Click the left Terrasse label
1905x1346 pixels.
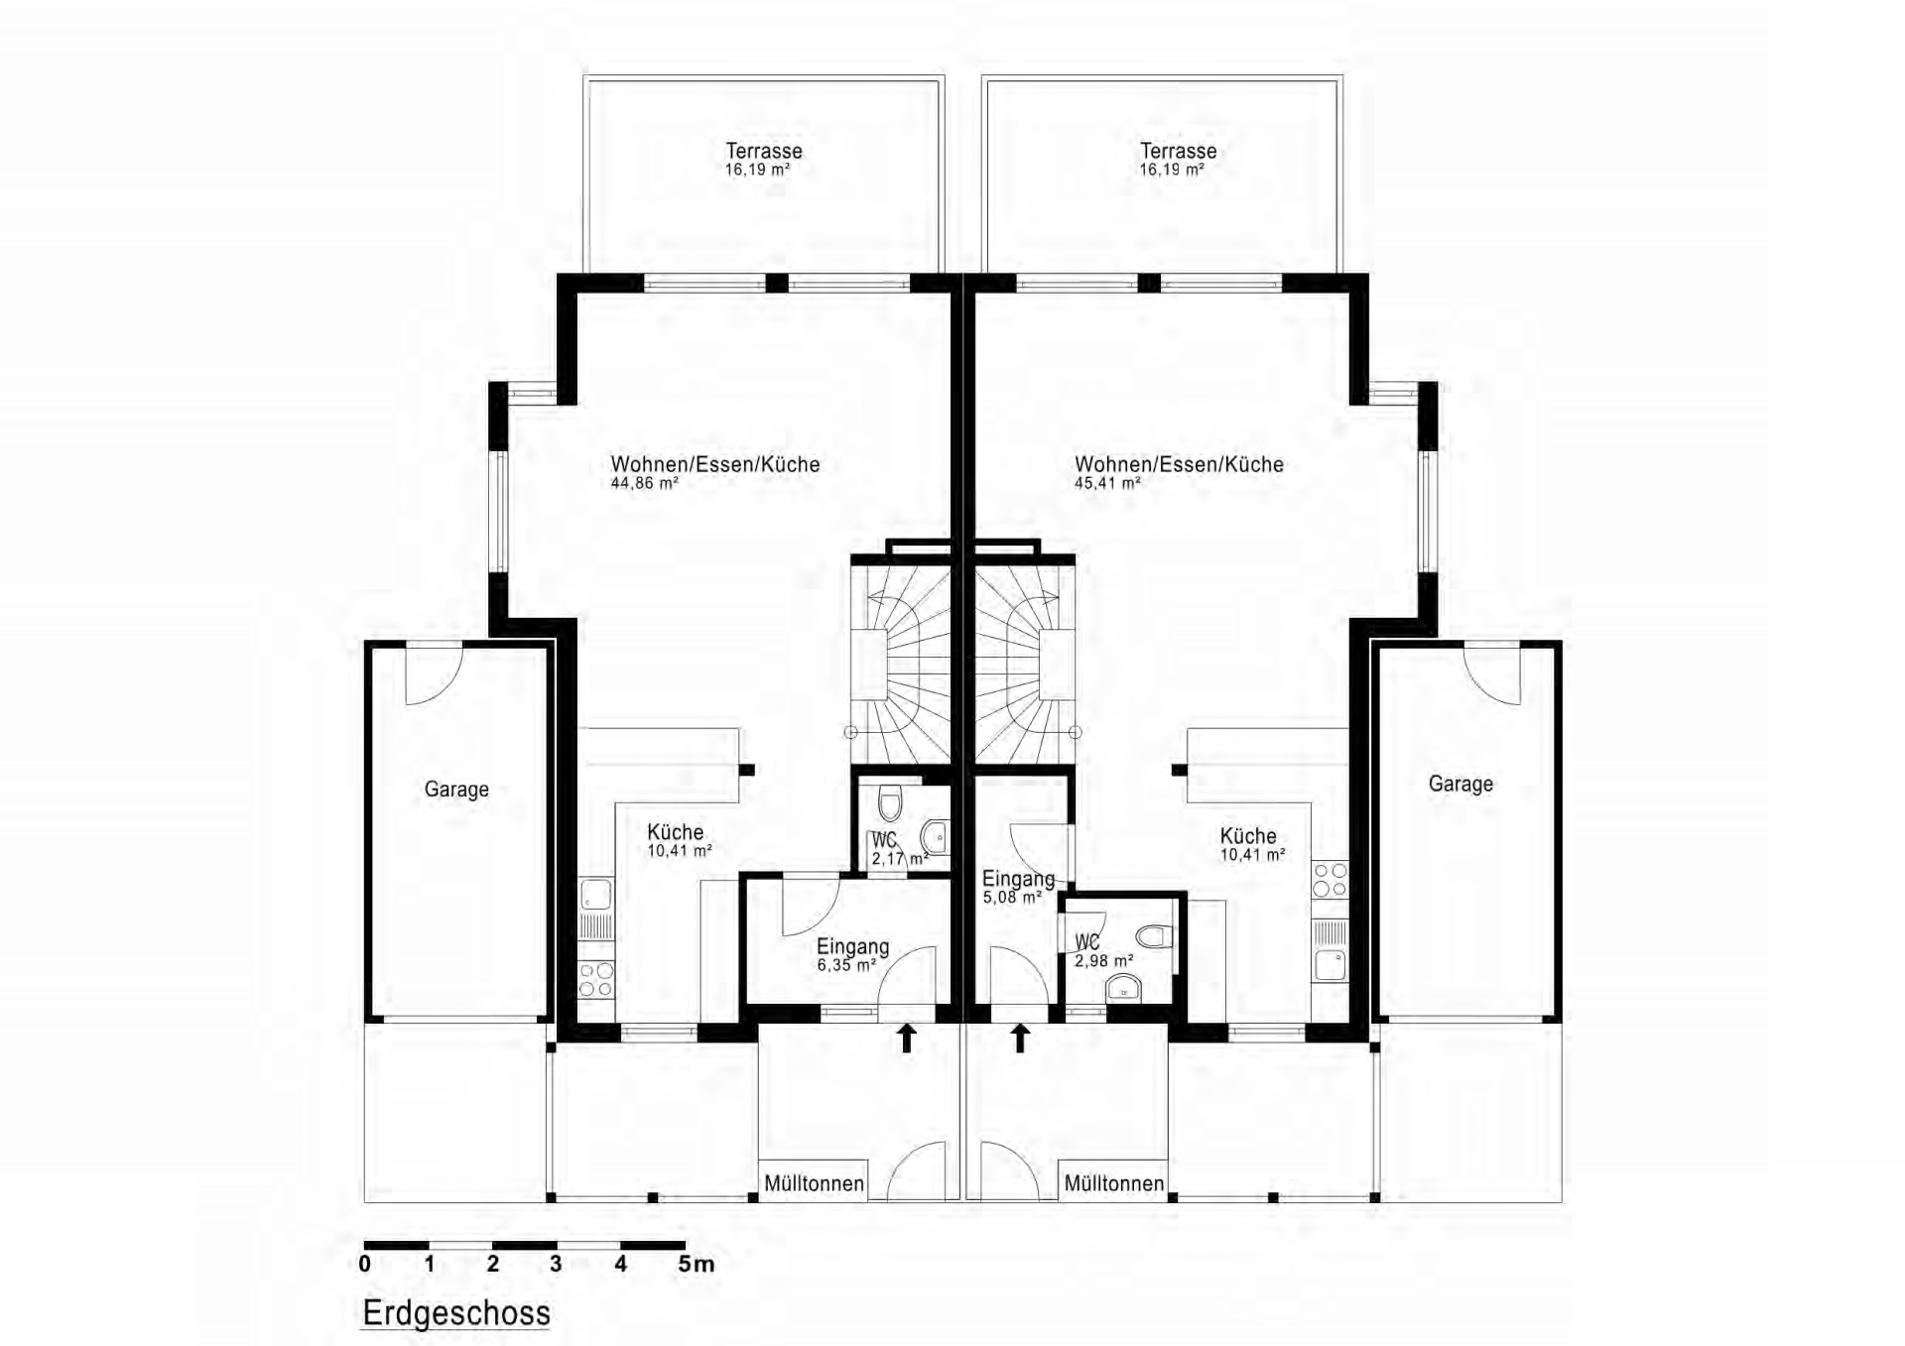(763, 151)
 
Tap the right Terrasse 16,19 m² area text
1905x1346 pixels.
(1171, 170)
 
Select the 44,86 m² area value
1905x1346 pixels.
(644, 483)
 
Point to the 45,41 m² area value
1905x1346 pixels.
(1107, 483)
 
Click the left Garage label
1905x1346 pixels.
(456, 790)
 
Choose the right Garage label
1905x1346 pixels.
(1460, 784)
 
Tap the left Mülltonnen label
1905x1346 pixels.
(814, 1183)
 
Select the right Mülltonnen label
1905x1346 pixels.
(1114, 1183)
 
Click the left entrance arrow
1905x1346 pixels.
(906, 1039)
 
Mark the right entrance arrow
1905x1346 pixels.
(1020, 1039)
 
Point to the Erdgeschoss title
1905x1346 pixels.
(456, 1313)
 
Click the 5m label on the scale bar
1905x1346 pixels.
(696, 1264)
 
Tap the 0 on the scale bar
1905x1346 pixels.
(365, 1264)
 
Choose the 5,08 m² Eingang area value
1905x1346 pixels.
(1012, 898)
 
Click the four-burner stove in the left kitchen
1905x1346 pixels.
(595, 980)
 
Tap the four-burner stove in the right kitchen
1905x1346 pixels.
(1331, 879)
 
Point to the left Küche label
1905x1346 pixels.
(676, 832)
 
